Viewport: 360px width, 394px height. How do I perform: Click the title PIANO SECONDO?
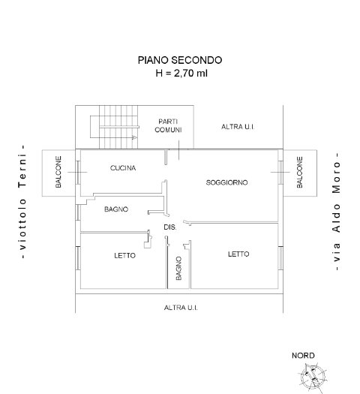click(180, 60)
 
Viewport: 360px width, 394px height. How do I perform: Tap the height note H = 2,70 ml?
click(181, 73)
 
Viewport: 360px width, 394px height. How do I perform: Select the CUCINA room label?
click(123, 168)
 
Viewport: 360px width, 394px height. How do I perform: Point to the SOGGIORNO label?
click(226, 182)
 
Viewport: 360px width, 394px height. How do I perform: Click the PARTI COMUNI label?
click(168, 125)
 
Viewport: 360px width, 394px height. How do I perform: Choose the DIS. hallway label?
click(170, 227)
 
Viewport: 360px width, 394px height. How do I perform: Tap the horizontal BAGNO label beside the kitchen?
click(116, 209)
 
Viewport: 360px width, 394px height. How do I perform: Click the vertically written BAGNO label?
click(178, 268)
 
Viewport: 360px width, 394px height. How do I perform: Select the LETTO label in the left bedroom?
click(124, 256)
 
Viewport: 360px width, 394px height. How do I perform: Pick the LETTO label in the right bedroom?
click(238, 254)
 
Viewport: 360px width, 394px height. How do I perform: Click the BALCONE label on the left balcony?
click(58, 172)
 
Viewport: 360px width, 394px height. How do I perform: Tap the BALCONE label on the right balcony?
click(299, 172)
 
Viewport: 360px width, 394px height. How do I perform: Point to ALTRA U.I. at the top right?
click(238, 127)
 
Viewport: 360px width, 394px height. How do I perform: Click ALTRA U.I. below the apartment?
click(181, 308)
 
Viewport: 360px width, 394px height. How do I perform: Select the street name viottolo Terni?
click(22, 201)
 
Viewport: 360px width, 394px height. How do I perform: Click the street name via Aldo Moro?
click(336, 212)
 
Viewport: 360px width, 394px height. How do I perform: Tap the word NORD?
click(303, 356)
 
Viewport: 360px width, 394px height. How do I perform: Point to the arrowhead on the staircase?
click(135, 137)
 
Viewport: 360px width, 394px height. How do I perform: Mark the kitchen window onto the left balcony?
click(78, 172)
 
